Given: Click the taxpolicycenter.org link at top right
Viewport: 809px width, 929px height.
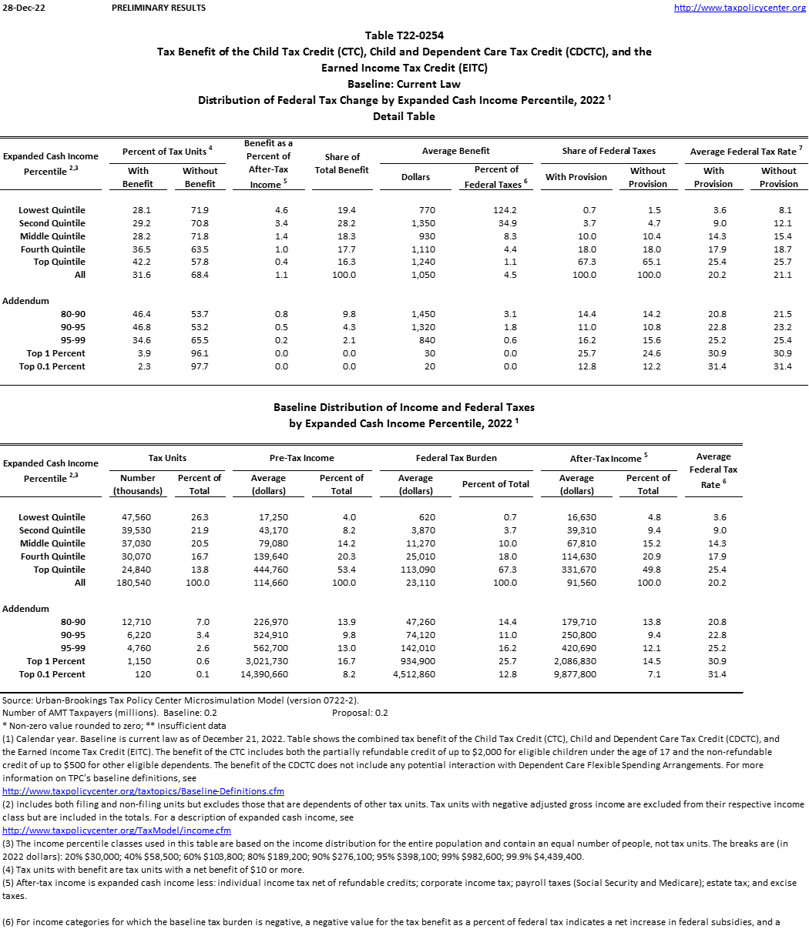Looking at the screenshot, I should (739, 8).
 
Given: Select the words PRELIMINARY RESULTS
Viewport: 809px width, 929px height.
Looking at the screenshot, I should (159, 8).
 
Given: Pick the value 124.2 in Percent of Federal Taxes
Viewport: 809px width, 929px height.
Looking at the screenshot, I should (504, 210).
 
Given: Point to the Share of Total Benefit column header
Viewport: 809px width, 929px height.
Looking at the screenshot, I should (341, 163).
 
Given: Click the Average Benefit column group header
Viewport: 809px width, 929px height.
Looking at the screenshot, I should (456, 151).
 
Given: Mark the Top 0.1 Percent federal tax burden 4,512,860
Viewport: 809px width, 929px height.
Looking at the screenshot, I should (414, 674).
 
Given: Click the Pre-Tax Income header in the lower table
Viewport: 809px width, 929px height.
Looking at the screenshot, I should (302, 458).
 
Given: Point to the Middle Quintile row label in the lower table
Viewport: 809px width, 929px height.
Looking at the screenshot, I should (52, 543).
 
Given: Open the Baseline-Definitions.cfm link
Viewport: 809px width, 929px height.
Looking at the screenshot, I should (143, 791).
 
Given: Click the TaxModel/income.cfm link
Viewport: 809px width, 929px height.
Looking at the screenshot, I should (116, 830).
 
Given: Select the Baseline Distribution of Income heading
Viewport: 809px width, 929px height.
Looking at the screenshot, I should (404, 407).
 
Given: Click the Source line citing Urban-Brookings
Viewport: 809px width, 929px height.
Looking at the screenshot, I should (180, 700).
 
